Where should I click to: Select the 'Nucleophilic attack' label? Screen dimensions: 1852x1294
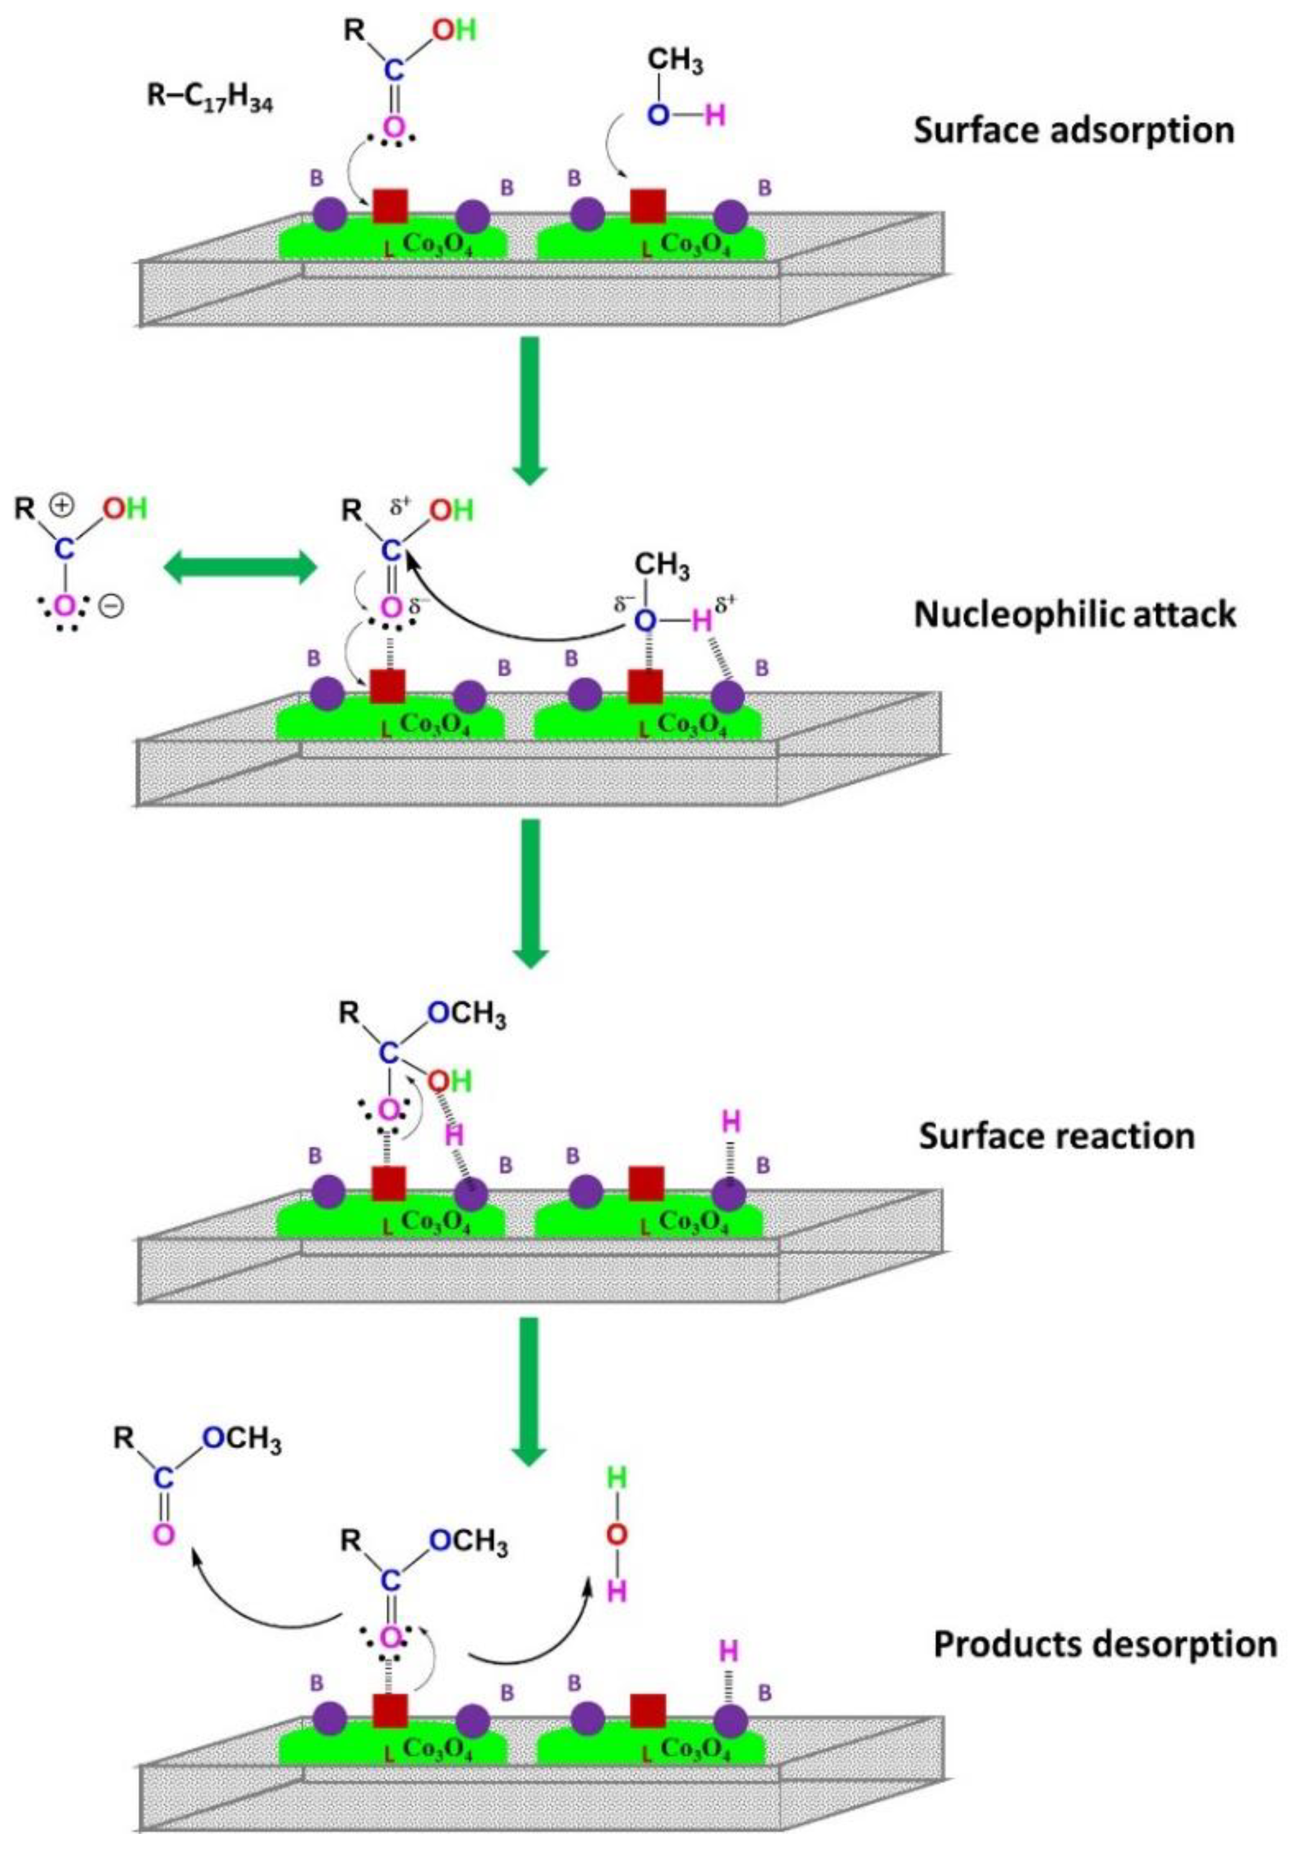pos(1075,615)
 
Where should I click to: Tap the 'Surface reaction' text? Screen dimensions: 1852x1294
pos(1057,1136)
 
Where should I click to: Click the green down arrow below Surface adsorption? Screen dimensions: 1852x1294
pos(530,410)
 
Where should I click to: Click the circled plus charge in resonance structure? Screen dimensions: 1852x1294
pos(62,506)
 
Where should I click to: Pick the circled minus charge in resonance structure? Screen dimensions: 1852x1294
pos(112,605)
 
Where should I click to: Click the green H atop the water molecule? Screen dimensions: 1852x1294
pos(616,1478)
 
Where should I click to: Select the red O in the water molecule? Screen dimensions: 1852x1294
pos(616,1534)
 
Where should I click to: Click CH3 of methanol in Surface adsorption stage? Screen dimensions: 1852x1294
pos(675,61)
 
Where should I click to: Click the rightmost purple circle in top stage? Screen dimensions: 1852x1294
pos(731,217)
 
